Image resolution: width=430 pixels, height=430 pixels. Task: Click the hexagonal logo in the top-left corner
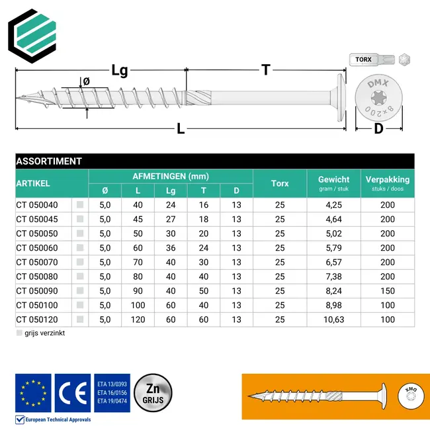click(x=33, y=34)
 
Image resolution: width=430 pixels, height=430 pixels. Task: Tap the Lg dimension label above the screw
click(x=119, y=71)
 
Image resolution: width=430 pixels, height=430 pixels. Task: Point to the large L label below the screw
click(x=181, y=130)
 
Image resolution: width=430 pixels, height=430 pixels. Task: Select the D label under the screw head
click(x=378, y=128)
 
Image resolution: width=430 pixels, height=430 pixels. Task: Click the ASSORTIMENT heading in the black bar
click(x=49, y=161)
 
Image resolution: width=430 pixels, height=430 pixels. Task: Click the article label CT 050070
click(x=37, y=263)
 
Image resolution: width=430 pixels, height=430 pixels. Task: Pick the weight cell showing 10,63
click(x=334, y=320)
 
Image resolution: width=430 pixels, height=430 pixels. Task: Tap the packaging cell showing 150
click(x=388, y=291)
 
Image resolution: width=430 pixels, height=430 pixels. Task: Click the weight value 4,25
click(x=334, y=205)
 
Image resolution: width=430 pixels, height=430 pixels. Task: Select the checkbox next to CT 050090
click(x=80, y=291)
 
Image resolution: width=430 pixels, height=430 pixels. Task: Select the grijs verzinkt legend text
click(x=44, y=333)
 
